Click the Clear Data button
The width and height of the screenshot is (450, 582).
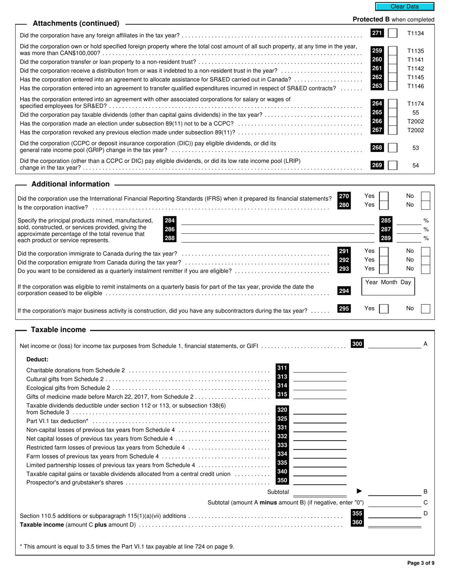coord(405,7)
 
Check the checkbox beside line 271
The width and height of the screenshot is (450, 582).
coord(393,34)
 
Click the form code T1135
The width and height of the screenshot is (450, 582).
coord(415,51)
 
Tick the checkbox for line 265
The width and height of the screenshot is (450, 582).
coord(393,113)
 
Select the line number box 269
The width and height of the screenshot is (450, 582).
coord(377,165)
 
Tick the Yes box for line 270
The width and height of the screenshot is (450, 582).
coord(384,196)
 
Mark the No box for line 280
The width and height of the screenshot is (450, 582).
coord(425,205)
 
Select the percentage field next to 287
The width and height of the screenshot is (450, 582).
coord(408,229)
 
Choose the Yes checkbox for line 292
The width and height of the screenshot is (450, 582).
coord(384,260)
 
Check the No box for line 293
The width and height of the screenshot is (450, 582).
coord(425,269)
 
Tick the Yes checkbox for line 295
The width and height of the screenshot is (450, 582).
coord(385,309)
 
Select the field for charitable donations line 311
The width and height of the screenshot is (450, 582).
coord(320,369)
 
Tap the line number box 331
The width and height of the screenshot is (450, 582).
coord(282,428)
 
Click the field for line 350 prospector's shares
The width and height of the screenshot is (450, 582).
coord(320,481)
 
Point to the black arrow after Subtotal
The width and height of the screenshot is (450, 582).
coord(359,491)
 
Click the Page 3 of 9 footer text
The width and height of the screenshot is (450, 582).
coord(421,563)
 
